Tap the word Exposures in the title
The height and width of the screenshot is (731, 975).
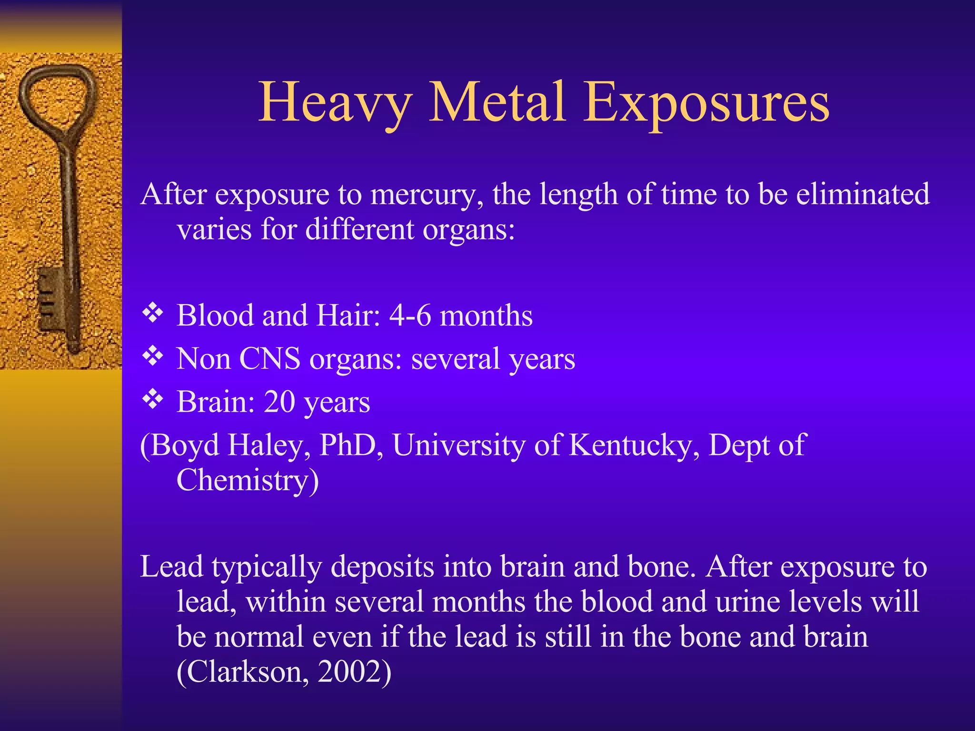point(706,103)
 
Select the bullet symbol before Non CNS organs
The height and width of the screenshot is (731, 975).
point(153,356)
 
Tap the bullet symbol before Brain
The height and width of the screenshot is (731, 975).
point(153,399)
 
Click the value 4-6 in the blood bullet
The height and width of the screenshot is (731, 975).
point(410,316)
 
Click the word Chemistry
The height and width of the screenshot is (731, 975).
point(242,481)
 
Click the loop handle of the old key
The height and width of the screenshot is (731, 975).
point(58,95)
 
